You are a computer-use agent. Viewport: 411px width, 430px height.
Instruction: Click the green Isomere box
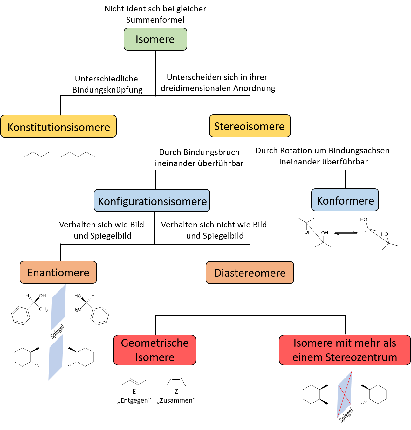click(x=155, y=39)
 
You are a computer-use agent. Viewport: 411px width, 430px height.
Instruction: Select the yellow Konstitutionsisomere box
click(x=58, y=127)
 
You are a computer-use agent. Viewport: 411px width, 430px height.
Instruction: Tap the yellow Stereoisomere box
click(x=250, y=126)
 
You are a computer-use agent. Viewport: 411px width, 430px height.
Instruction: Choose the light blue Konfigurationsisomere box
click(x=152, y=201)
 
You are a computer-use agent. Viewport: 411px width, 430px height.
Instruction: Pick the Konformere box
click(x=345, y=200)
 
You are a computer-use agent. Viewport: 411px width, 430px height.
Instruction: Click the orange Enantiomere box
click(x=58, y=273)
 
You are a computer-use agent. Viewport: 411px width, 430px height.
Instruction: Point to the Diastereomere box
click(x=250, y=273)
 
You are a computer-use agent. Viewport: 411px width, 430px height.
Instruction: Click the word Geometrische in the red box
click(x=155, y=343)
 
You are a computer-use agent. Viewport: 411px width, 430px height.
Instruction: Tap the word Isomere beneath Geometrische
click(x=155, y=357)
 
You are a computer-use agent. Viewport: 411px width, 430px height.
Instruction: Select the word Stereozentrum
click(x=361, y=357)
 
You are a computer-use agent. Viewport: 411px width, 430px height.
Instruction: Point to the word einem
click(x=307, y=357)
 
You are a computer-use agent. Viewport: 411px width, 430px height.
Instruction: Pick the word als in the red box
click(x=389, y=343)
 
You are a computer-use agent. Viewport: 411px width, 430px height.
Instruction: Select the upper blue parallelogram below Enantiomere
click(x=58, y=308)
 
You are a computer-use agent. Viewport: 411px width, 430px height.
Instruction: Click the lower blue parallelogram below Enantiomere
click(x=56, y=357)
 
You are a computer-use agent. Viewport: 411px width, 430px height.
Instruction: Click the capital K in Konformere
click(x=320, y=201)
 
